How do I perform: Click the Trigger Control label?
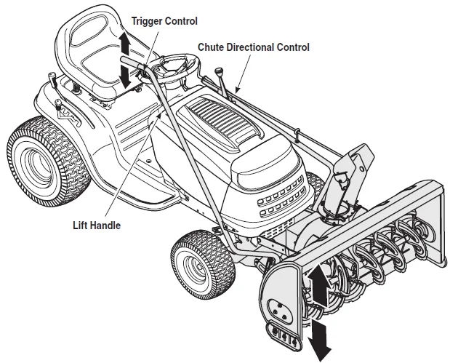[164, 21]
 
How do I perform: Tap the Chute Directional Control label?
[254, 47]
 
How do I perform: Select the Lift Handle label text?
[96, 226]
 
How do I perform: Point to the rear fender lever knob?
[52, 76]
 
